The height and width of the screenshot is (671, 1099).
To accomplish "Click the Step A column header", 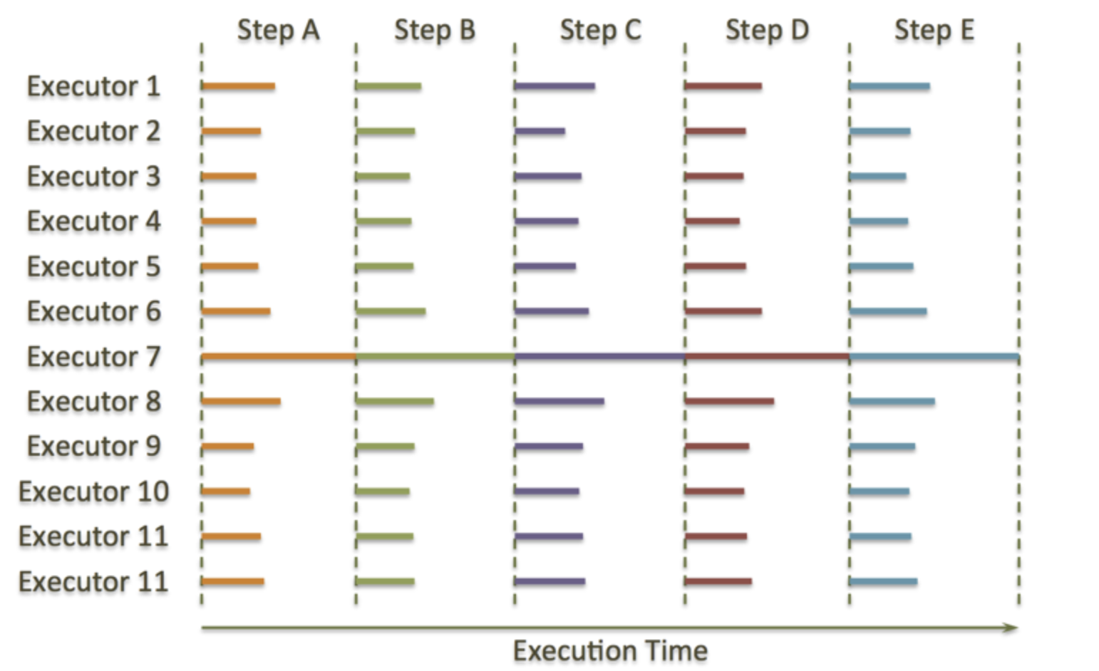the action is [x=278, y=31].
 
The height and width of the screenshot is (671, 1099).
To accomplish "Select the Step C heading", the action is [x=600, y=31].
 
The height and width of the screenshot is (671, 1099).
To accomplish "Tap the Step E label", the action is [x=934, y=31].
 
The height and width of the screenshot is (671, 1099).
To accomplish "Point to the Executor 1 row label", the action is [x=93, y=87].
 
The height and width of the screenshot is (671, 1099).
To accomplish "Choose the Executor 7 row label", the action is [x=93, y=357].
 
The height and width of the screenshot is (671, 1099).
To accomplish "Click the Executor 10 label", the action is [x=93, y=491].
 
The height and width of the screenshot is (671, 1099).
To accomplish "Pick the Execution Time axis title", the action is [x=610, y=651].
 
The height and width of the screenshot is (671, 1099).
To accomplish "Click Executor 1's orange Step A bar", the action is [x=238, y=87].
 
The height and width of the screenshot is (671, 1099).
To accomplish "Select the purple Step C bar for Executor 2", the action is [x=540, y=131].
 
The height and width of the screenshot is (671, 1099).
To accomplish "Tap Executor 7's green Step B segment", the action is [x=435, y=356].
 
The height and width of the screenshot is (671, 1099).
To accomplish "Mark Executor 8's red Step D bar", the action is [x=729, y=402].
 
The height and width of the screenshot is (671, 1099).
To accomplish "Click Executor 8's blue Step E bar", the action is [x=892, y=402].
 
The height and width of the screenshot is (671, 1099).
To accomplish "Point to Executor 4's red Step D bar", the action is [x=712, y=222].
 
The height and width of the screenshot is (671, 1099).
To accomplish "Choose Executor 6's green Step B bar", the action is [x=391, y=311].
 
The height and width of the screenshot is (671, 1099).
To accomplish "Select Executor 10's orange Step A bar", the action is [x=226, y=491].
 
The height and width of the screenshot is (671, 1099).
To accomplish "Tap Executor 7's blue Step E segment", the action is [x=934, y=356].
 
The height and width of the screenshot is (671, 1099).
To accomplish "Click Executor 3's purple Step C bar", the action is [x=548, y=177].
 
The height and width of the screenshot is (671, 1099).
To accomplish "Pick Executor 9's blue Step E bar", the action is [x=882, y=447].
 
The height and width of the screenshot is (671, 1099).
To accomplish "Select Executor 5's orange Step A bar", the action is [x=230, y=267].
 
